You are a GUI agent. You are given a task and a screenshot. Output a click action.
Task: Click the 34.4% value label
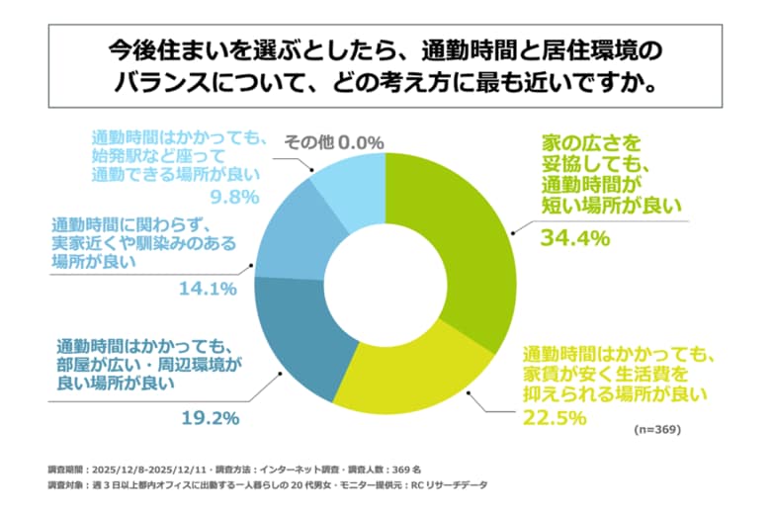point(574,238)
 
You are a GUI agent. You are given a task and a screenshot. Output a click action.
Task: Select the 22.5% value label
point(557,418)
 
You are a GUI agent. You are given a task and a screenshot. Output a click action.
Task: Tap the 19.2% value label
point(210,417)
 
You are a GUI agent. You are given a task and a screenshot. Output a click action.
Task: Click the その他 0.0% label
point(333,142)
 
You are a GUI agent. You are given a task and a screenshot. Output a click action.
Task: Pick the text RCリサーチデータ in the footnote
point(450,486)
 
